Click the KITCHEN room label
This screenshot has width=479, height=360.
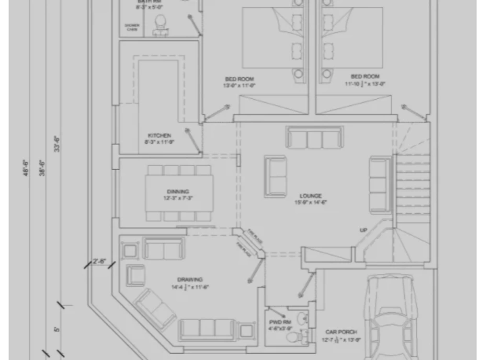click(160, 136)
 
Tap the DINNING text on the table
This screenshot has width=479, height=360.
click(178, 192)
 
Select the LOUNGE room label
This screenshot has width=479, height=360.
click(311, 196)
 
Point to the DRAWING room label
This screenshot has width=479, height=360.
click(190, 279)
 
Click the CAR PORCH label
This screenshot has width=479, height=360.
click(341, 332)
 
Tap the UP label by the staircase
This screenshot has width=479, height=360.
click(364, 231)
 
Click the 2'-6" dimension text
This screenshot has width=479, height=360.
click(100, 261)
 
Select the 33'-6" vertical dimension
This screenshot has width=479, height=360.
click(57, 144)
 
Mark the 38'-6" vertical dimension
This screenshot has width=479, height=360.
click(42, 168)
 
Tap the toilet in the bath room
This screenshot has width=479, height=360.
click(160, 24)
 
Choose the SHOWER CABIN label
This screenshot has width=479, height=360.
click(132, 27)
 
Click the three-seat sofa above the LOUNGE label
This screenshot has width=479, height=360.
click(315, 137)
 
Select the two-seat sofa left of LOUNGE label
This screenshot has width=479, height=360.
click(275, 176)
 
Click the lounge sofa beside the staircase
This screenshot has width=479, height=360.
click(380, 185)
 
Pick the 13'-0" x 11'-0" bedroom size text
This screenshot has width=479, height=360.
click(239, 86)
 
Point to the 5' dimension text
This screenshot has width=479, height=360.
click(57, 329)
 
